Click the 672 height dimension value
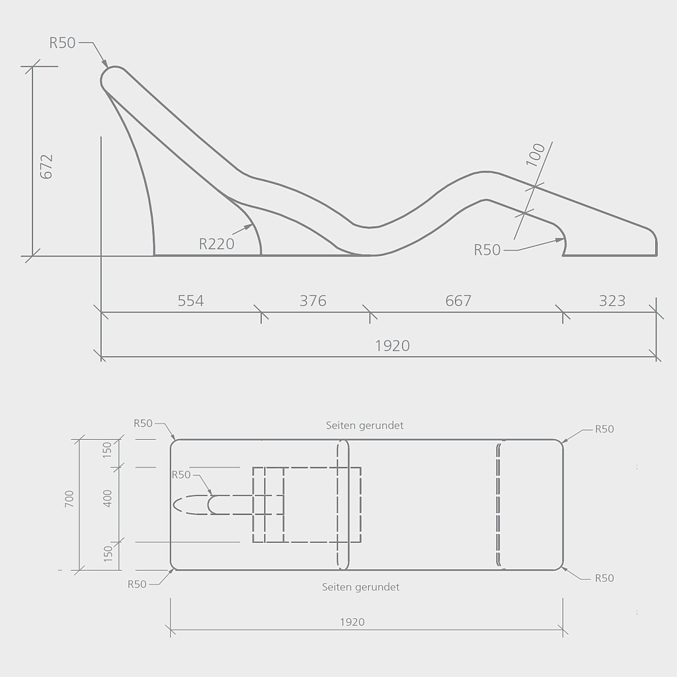click(46, 166)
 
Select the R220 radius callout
click(216, 244)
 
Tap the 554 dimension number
click(190, 301)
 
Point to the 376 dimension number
click(313, 301)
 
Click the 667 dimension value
click(458, 301)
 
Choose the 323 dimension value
click(612, 301)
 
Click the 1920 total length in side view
click(392, 346)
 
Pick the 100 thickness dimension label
click(536, 155)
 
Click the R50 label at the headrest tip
click(62, 43)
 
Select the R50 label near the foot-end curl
click(487, 250)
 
